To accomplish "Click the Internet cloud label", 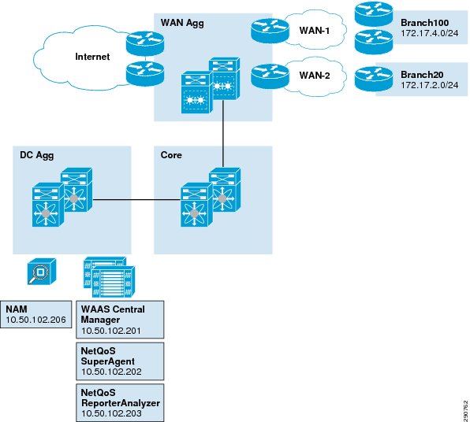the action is click(x=92, y=57).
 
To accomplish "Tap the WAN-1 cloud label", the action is click(x=315, y=31).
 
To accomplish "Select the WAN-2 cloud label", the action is click(x=315, y=76).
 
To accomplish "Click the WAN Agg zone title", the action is click(x=182, y=23).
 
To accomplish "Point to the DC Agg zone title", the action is click(x=37, y=155).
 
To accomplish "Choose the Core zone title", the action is click(x=171, y=155).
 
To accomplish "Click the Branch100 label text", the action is click(x=425, y=23).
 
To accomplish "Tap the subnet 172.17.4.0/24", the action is click(x=430, y=33).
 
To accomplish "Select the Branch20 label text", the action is click(x=422, y=75).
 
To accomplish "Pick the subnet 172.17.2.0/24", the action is click(x=430, y=85).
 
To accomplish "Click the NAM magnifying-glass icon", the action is click(x=41, y=272).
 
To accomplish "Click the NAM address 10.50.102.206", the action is click(x=35, y=320).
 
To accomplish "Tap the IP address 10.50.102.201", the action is click(x=111, y=331).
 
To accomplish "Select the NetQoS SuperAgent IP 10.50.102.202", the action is click(x=111, y=372).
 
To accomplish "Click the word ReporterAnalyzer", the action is click(x=121, y=403).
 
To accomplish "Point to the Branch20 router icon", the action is click(x=374, y=79).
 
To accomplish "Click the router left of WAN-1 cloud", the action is click(x=270, y=31).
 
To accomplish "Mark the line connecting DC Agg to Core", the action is click(x=137, y=200).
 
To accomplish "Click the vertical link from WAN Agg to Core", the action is click(x=223, y=134).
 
